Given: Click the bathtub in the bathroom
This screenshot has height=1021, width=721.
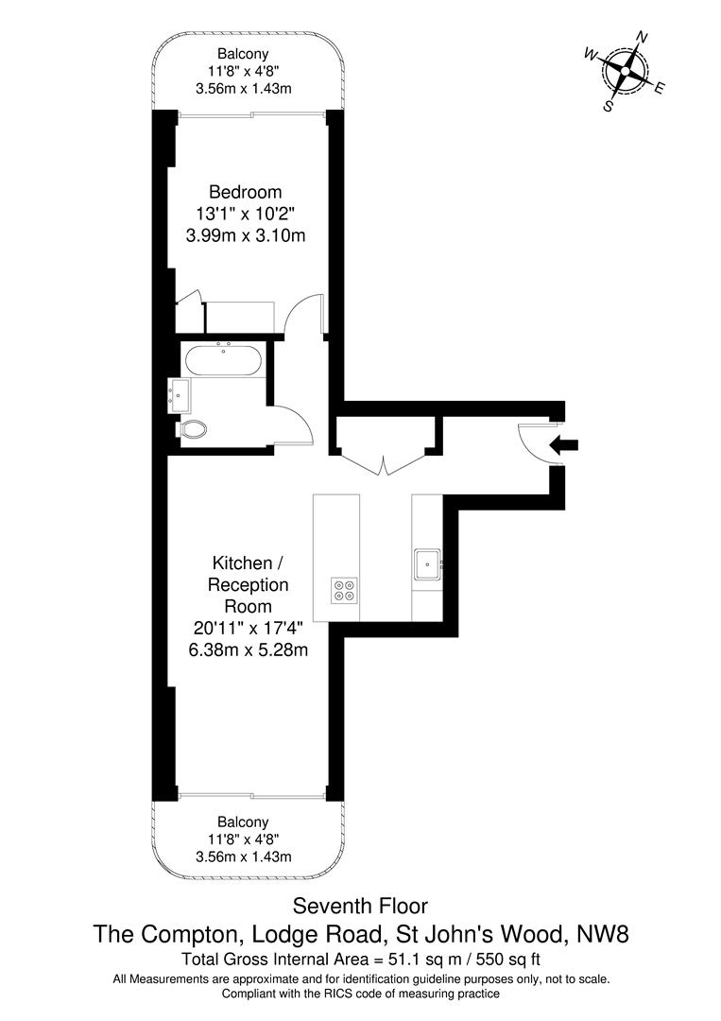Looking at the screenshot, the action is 223,360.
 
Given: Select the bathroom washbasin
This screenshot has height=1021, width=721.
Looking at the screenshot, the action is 179,396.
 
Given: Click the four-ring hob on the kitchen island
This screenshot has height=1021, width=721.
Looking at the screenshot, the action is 345,590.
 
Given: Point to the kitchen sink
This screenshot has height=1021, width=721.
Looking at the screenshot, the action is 427,563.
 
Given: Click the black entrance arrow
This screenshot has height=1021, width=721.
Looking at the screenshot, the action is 563,445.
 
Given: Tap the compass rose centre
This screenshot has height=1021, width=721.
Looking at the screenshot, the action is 626,70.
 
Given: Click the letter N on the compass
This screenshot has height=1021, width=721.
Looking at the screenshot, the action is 642,37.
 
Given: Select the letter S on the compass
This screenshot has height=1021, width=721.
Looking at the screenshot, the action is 609,106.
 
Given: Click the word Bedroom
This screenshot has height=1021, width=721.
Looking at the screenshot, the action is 246,192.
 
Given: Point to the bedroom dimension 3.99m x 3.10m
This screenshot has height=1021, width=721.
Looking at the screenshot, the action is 246,235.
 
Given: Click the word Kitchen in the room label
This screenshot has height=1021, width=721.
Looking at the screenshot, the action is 242,562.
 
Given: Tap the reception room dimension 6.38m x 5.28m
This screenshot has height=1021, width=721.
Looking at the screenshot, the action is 248,649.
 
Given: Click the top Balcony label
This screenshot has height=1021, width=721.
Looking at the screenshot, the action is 243,54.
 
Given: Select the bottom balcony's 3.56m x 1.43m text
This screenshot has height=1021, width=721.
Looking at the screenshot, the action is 244,857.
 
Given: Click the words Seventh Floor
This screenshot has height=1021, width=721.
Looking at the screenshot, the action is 360,906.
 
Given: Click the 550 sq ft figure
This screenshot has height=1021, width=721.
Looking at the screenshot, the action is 510,960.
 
